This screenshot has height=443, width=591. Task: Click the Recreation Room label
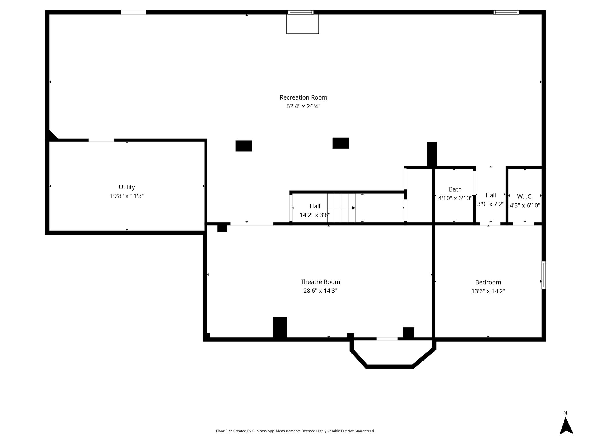(303, 97)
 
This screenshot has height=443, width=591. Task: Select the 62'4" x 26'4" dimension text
(303, 106)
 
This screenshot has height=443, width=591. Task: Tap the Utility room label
(127, 187)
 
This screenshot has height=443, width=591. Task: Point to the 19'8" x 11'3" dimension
(127, 196)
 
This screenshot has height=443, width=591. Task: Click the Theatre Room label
(320, 282)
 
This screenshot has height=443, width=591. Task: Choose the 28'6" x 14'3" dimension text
(320, 291)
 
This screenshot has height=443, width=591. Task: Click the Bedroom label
(488, 282)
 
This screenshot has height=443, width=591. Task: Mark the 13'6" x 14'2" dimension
(488, 291)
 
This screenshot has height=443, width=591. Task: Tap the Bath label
(455, 189)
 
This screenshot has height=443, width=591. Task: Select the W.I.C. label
(525, 196)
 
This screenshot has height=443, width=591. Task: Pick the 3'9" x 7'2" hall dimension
(491, 204)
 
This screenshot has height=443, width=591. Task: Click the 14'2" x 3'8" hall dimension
(315, 215)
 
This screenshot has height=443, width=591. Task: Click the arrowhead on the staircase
(354, 208)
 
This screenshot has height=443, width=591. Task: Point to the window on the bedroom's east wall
(544, 275)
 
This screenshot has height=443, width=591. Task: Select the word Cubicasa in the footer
(259, 431)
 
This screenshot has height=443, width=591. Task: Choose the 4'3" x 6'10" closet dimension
(525, 205)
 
